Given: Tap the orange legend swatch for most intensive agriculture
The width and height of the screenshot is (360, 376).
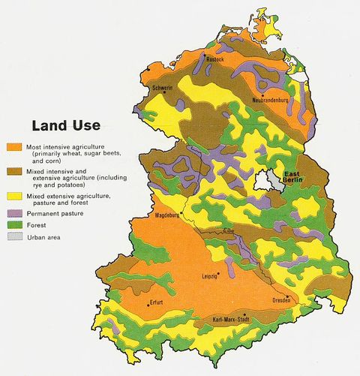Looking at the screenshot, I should click(x=12, y=146).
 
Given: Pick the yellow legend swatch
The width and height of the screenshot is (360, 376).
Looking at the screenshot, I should click(x=12, y=196).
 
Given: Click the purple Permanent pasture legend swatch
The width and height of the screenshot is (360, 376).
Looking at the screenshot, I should click(x=12, y=214).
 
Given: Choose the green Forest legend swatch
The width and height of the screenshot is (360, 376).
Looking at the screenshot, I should click(x=12, y=225).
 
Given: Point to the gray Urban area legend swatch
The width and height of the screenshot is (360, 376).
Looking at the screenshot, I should click(x=12, y=237).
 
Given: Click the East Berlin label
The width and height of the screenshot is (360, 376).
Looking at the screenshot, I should click(x=294, y=178).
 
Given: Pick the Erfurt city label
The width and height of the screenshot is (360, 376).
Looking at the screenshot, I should click(x=156, y=304).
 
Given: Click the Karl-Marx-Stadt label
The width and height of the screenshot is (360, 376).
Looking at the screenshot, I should click(x=236, y=320).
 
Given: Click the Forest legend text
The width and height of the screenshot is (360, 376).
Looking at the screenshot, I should click(x=37, y=225).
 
